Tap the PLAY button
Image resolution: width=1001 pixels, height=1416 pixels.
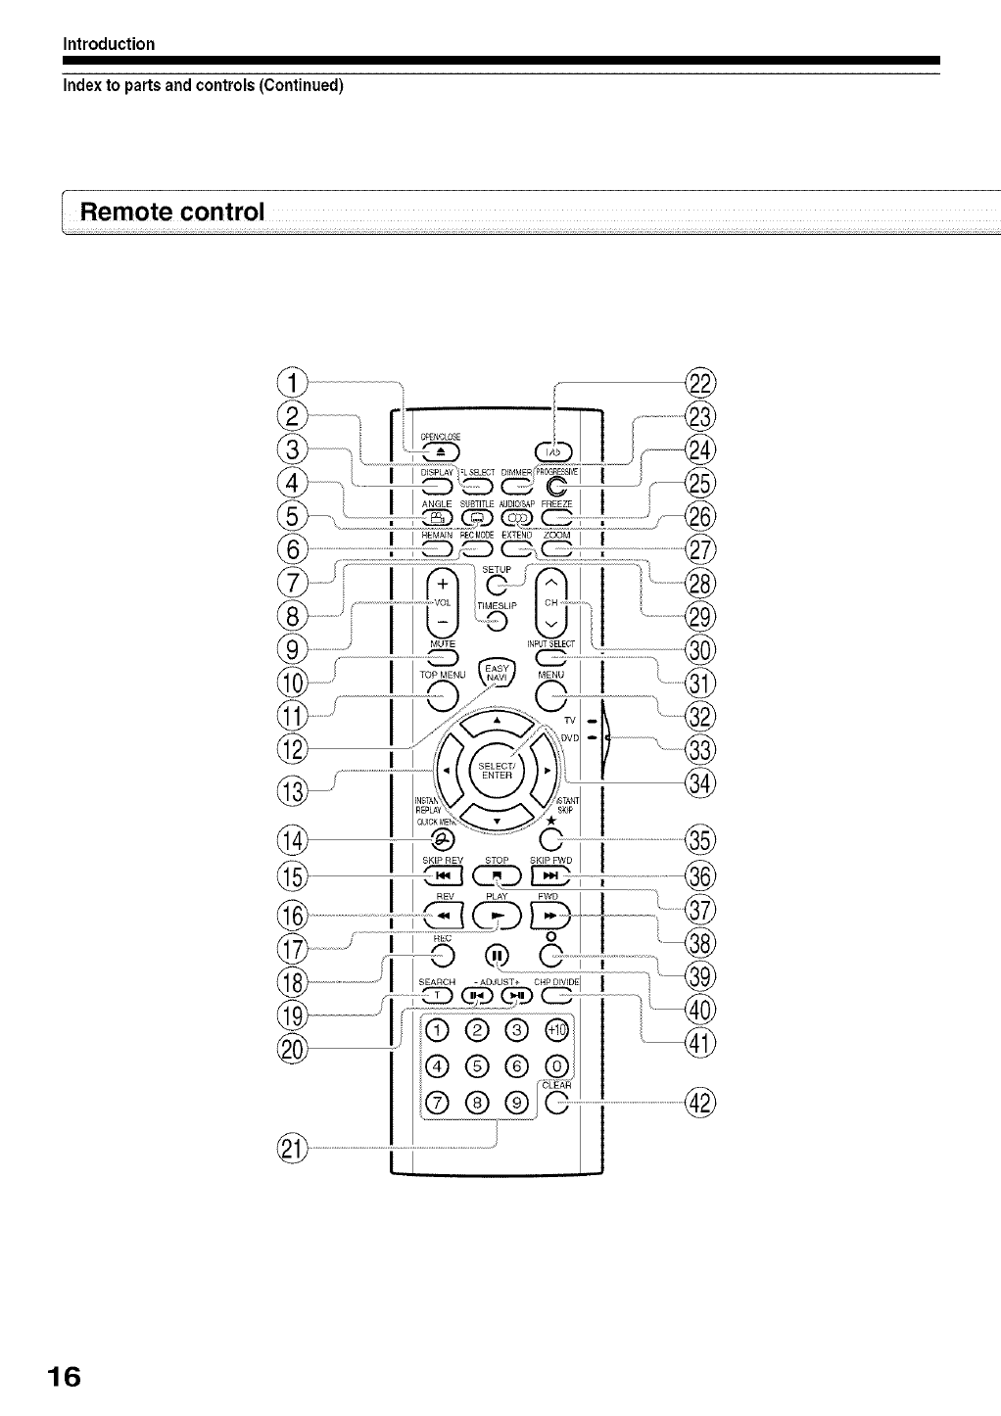pyautogui.click(x=497, y=915)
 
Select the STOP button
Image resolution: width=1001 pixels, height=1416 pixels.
pyautogui.click(x=497, y=876)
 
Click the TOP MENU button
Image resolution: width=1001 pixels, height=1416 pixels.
pyautogui.click(x=441, y=695)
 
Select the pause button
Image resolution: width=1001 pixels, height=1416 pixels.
pyautogui.click(x=497, y=955)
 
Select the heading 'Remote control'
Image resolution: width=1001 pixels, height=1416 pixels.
pyautogui.click(x=172, y=212)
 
